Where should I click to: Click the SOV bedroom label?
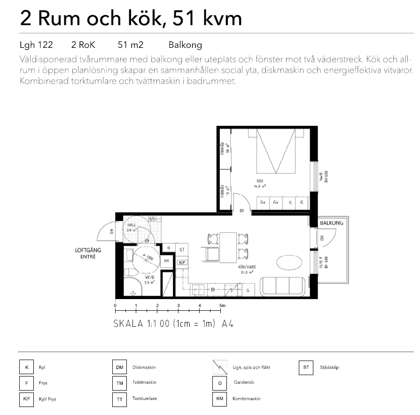(x=259, y=181)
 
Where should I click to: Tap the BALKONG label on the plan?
(x=333, y=223)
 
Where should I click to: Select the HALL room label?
(x=132, y=225)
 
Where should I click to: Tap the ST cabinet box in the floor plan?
(x=182, y=250)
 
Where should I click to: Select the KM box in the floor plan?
(x=166, y=261)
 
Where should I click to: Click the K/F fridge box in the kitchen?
(x=182, y=262)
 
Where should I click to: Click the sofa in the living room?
(x=283, y=286)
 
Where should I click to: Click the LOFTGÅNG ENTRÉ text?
(x=88, y=254)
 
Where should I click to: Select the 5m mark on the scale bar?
(x=222, y=306)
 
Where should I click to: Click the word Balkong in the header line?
(x=185, y=45)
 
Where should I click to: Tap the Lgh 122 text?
(x=36, y=45)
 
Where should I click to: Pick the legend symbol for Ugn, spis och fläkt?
(x=219, y=368)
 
